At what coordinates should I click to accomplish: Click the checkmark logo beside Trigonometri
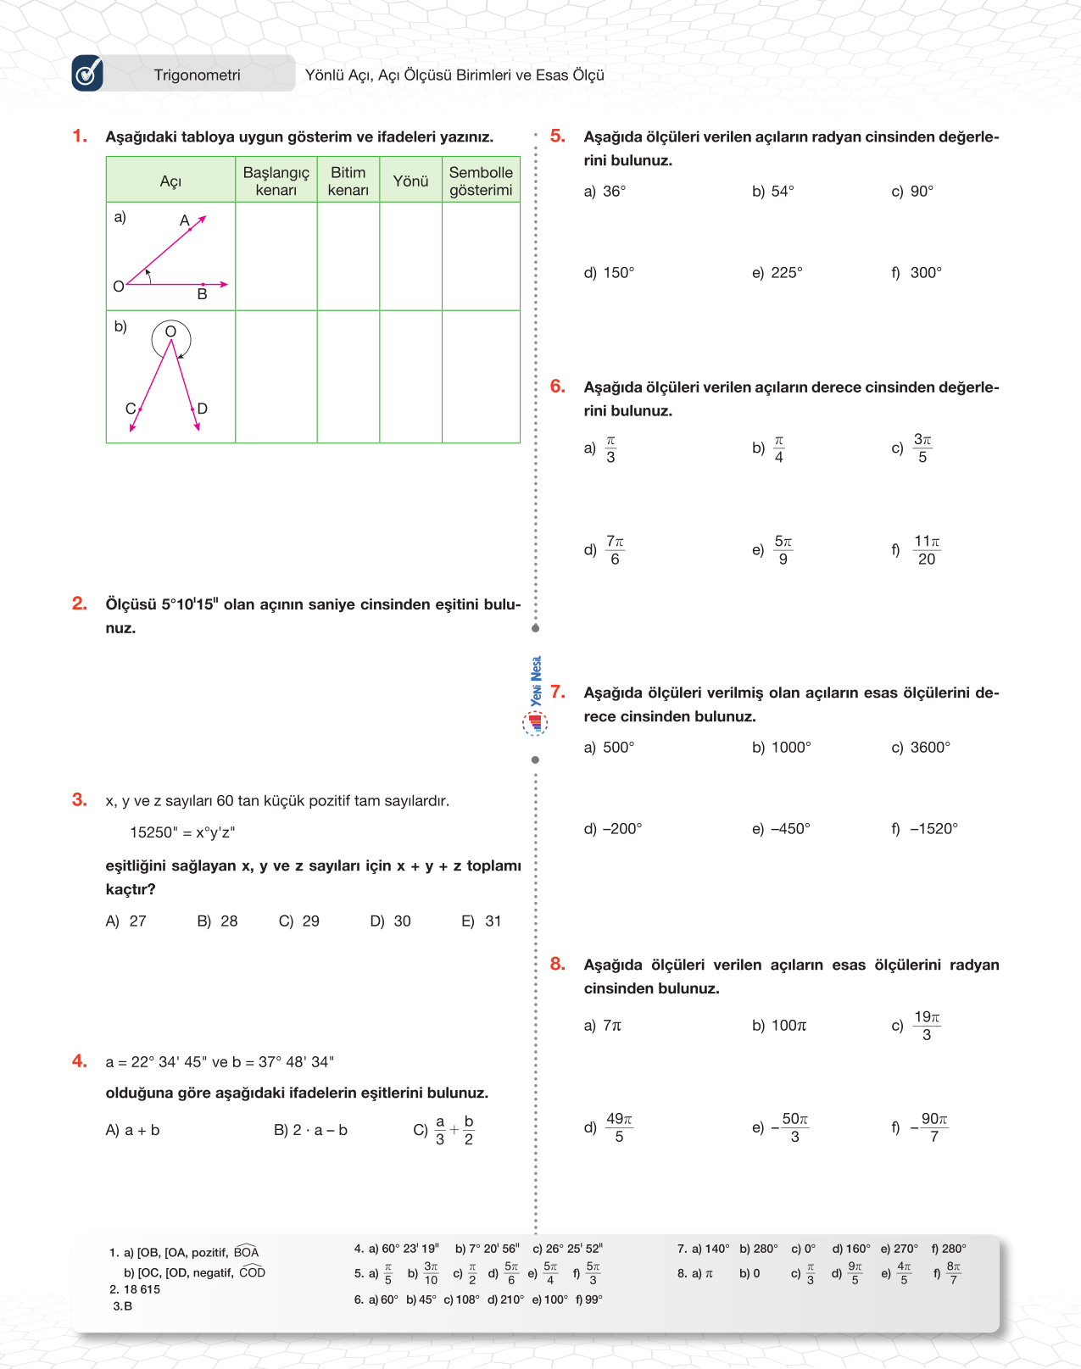click(x=87, y=74)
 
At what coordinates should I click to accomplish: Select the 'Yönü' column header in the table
click(x=410, y=181)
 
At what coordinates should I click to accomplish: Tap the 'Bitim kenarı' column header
click(x=348, y=181)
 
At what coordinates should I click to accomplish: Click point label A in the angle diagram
click(x=184, y=220)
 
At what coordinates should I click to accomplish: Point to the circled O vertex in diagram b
click(x=170, y=331)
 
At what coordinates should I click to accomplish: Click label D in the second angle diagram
click(x=203, y=409)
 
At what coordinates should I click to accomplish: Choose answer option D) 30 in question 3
click(x=390, y=921)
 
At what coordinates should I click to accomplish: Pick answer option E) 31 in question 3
click(x=482, y=921)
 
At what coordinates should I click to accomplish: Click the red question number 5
click(x=557, y=136)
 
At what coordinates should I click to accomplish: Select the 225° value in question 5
click(x=786, y=273)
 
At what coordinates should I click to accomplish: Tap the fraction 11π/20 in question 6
click(x=926, y=550)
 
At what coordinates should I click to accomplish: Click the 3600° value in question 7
click(x=930, y=747)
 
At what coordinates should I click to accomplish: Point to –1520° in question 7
click(x=933, y=828)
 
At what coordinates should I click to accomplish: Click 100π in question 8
click(x=788, y=1026)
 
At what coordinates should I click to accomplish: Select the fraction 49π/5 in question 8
click(x=619, y=1127)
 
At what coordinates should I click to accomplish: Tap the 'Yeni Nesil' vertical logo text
click(x=536, y=681)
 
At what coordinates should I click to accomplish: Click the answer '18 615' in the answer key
click(x=142, y=1289)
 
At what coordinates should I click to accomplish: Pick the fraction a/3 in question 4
click(x=440, y=1130)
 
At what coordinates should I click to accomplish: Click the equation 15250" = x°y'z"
click(x=182, y=832)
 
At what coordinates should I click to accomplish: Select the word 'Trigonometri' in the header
click(x=197, y=75)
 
